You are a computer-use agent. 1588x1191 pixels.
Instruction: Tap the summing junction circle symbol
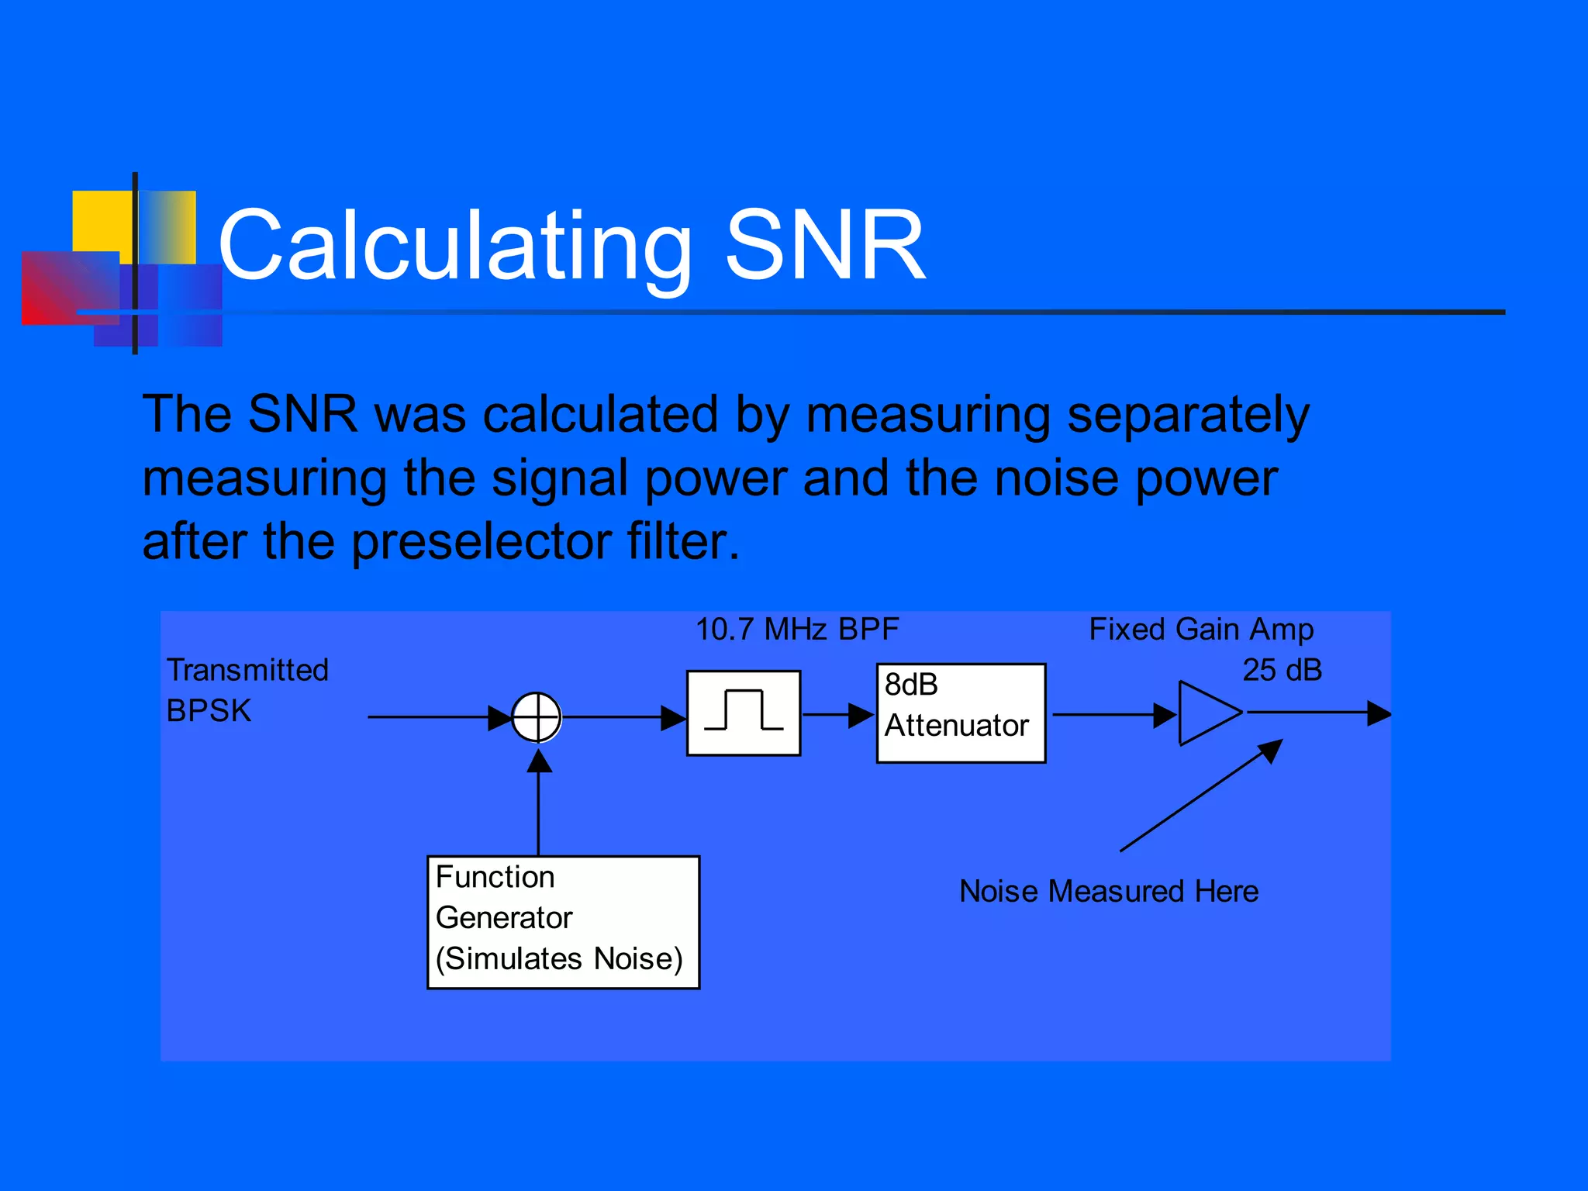(x=537, y=717)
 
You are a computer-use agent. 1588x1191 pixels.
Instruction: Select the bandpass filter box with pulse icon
(x=744, y=713)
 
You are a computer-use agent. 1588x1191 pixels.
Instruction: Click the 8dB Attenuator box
(x=961, y=713)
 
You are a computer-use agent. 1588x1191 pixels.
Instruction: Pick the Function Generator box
(x=563, y=922)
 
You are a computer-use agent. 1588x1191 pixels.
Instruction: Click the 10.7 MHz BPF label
(x=796, y=630)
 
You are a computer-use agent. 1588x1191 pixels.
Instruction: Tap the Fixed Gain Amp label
(x=1200, y=630)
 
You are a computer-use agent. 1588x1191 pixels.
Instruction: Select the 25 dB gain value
(x=1282, y=671)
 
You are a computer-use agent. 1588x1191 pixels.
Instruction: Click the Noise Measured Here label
(x=1108, y=892)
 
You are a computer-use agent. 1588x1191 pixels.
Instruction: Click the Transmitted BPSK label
(x=247, y=690)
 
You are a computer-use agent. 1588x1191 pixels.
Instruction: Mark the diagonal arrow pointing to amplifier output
(x=1200, y=796)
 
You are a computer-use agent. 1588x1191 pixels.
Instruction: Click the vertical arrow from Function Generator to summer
(x=539, y=803)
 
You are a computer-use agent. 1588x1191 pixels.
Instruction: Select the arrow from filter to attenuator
(x=837, y=714)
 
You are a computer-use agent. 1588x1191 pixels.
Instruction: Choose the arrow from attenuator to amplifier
(x=1113, y=714)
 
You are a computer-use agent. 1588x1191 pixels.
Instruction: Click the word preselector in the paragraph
(x=481, y=541)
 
